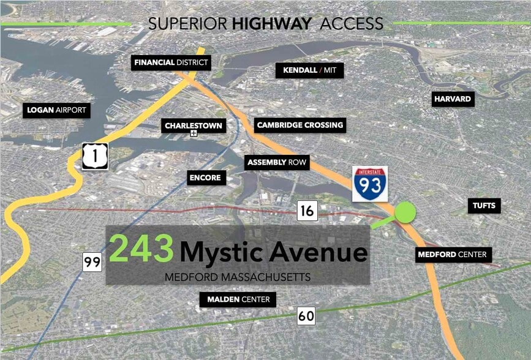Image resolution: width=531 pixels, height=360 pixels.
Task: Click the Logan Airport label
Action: click(57, 111)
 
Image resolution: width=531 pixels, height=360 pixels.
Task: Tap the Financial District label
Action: click(171, 62)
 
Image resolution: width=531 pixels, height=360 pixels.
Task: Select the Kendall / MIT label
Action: click(309, 70)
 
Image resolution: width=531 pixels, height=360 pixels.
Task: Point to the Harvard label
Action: click(453, 99)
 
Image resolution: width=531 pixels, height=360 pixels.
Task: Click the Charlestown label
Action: click(194, 126)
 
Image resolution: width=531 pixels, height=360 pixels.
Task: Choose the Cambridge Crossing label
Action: click(300, 125)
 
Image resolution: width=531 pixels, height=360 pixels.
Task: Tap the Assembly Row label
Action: click(276, 162)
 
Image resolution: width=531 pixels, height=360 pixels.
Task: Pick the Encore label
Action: click(205, 178)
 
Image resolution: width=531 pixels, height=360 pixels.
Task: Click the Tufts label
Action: click(484, 205)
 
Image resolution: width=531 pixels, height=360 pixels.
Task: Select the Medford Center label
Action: click(452, 254)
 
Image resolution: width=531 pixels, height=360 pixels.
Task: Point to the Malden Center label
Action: click(238, 299)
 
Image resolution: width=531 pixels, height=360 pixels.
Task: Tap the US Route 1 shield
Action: click(95, 156)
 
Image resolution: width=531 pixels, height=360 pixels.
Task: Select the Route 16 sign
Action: click(307, 211)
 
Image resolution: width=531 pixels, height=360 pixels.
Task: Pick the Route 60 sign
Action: click(306, 316)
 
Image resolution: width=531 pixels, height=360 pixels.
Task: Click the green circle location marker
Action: click(405, 212)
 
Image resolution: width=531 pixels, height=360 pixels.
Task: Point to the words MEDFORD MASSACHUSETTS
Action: click(238, 277)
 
